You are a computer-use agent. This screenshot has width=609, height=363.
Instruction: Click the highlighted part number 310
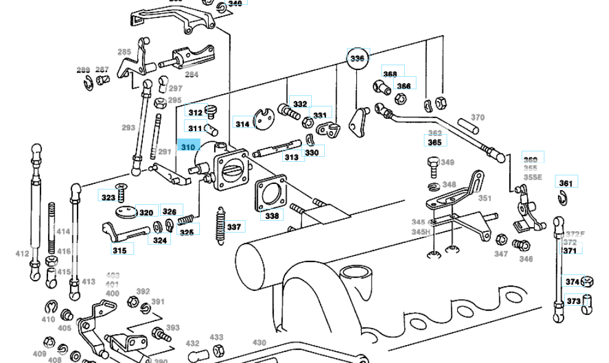tap(188, 147)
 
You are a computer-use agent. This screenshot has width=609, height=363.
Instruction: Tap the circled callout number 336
tap(357, 58)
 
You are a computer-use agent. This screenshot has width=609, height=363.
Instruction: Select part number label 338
tap(272, 216)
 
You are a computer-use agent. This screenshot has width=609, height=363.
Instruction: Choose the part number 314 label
tap(243, 124)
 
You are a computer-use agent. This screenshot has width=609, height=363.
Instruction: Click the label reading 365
tap(435, 142)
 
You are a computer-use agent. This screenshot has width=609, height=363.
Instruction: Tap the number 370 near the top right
tap(478, 118)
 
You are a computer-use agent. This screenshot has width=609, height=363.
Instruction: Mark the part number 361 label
tap(565, 183)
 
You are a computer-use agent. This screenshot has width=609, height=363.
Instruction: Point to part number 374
tap(573, 282)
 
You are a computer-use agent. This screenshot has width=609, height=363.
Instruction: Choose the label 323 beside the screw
tap(108, 197)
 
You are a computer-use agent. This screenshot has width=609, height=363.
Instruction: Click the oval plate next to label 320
tap(125, 212)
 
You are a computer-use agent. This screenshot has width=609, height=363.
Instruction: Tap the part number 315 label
tap(119, 250)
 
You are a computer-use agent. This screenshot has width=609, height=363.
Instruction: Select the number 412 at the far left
tap(22, 253)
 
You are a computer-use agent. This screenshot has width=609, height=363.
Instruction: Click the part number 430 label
tap(260, 343)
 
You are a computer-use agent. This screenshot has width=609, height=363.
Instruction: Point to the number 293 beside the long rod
tap(128, 128)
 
